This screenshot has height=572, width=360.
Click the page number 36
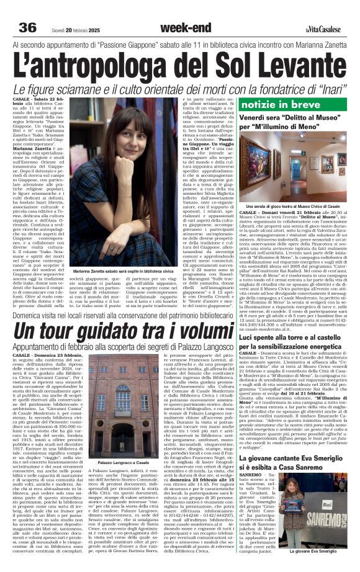(x=28, y=28)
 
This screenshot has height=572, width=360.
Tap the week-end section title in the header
(x=180, y=28)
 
